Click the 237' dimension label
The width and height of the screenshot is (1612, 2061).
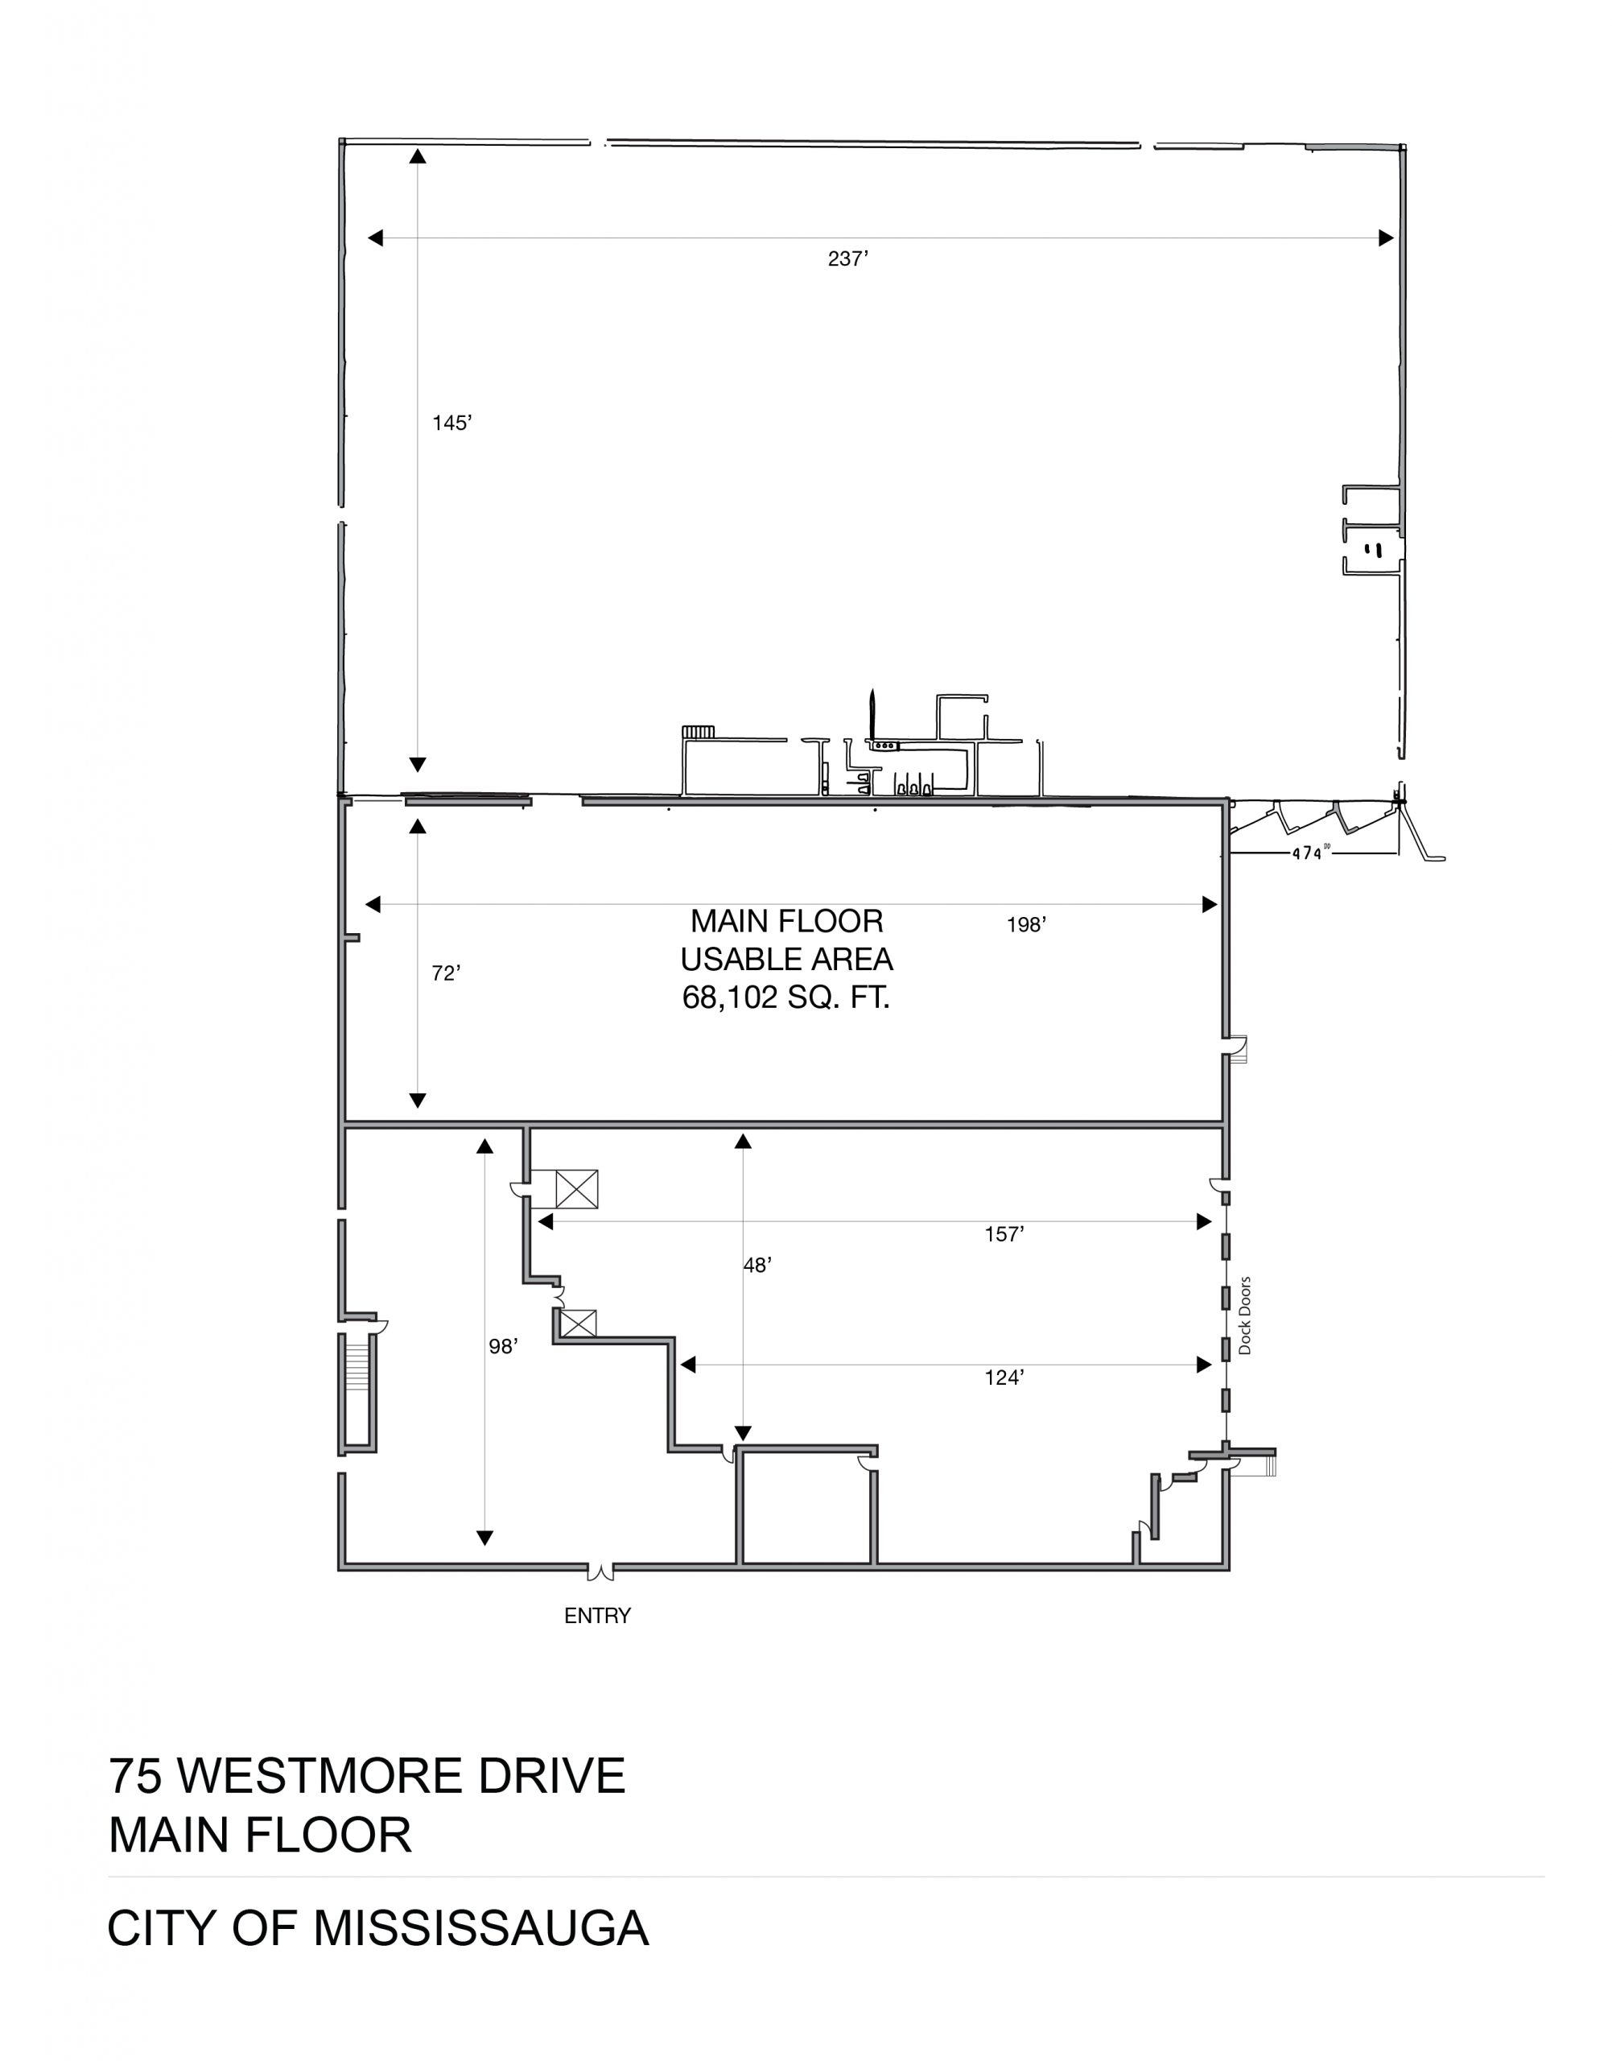[847, 258]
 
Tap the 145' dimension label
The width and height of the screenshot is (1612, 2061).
[452, 423]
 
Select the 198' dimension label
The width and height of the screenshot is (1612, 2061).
[1027, 925]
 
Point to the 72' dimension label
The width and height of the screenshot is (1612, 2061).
[446, 973]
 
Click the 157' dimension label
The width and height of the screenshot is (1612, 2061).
[1004, 1234]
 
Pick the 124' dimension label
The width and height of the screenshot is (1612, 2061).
[1004, 1377]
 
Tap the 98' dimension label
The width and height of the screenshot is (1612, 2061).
[503, 1347]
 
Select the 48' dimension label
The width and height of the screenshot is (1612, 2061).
[758, 1265]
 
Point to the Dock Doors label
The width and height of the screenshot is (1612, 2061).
[1244, 1316]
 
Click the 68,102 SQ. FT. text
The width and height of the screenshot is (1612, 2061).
[786, 998]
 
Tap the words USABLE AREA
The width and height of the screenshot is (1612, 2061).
[786, 959]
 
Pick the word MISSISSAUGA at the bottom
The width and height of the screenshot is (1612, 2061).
[481, 1928]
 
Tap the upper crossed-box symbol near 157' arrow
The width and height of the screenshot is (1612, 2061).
[577, 1188]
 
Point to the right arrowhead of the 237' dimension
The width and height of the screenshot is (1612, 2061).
[1387, 238]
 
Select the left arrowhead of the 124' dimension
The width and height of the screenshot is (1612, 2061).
[688, 1365]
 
